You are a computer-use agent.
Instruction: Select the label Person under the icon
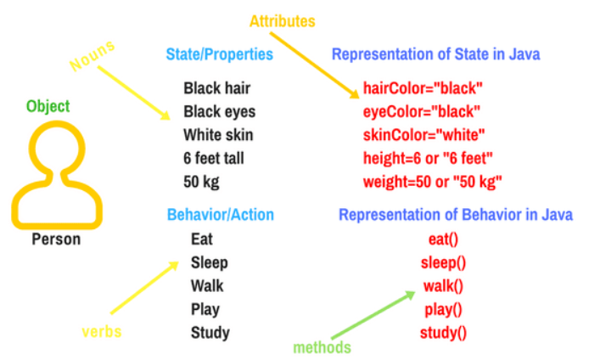tap(56, 239)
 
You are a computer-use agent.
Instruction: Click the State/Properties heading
tap(219, 55)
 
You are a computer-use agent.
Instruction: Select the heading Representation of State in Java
tap(436, 55)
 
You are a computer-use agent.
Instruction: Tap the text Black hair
tap(216, 88)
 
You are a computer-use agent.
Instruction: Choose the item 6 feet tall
tap(218, 158)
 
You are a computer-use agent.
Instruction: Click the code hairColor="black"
tap(423, 88)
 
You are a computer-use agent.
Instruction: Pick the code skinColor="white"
tap(424, 135)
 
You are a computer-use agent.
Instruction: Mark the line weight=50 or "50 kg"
tap(433, 182)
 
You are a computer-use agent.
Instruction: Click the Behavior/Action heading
tap(220, 215)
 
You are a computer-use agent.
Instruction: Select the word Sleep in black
tap(210, 262)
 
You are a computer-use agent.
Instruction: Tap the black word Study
tap(210, 332)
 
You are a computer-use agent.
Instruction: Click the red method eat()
tap(444, 239)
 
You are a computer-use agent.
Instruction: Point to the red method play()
tap(444, 309)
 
